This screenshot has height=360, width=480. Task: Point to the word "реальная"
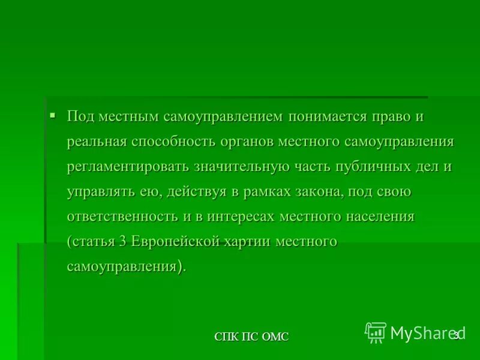[97, 142]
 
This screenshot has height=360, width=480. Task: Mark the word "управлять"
[98, 192]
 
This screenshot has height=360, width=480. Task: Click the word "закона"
[315, 192]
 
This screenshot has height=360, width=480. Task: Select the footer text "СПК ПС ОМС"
[251, 337]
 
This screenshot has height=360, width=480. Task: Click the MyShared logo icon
[376, 332]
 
